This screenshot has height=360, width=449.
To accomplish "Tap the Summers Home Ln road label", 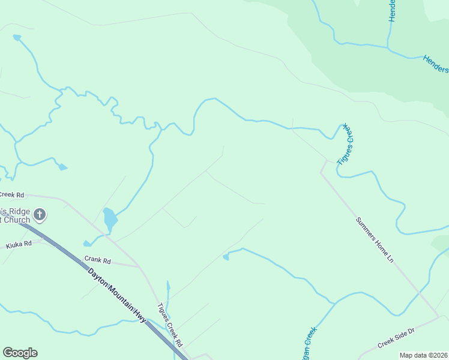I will tap(374, 241).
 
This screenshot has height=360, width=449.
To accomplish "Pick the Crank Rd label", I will tap(98, 261).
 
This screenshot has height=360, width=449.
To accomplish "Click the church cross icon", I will tap(40, 214).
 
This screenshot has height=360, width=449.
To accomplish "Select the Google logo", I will tap(20, 353).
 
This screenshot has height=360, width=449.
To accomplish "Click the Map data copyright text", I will tap(424, 355).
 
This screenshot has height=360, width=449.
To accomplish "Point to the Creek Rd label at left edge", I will tap(12, 195).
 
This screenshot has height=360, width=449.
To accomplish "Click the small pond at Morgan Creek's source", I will tap(226, 257).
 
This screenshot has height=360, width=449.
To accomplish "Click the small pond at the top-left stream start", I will tap(17, 38).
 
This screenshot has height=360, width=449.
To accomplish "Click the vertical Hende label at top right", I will tap(392, 11).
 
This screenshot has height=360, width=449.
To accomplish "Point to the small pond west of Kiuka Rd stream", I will tap(62, 167).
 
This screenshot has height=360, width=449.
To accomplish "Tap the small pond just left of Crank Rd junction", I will tap(88, 244).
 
